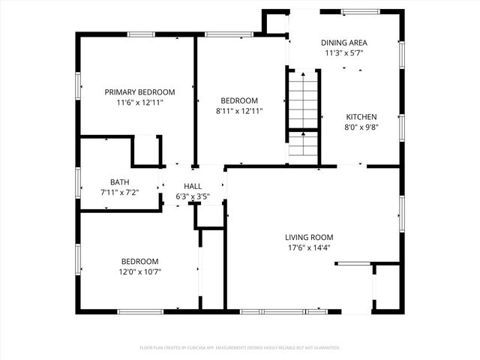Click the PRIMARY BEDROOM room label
(x=134, y=91)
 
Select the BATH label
(x=119, y=181)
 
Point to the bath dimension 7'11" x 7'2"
(x=119, y=192)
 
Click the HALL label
(x=193, y=187)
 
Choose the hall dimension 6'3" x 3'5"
(x=193, y=197)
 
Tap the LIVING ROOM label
(x=307, y=237)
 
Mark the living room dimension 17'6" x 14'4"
(x=307, y=247)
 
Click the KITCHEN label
(x=361, y=117)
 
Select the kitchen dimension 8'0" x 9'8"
(x=361, y=127)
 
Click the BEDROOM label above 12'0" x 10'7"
(x=140, y=261)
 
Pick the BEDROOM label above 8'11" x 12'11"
(x=238, y=100)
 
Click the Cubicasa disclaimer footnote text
(x=240, y=348)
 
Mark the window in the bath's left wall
(x=78, y=182)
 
